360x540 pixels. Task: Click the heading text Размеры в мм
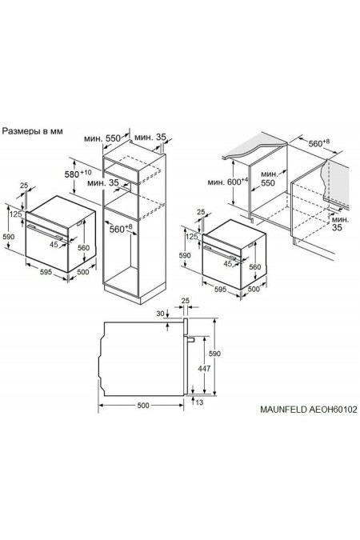[33, 131]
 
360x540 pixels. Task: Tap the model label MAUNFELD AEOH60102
[308, 410]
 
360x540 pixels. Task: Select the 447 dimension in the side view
[204, 369]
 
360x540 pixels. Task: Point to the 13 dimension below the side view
[199, 402]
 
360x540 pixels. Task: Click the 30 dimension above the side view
[160, 314]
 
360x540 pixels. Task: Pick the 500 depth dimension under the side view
[143, 406]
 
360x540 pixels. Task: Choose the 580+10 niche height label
[78, 174]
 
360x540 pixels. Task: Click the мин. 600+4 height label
[228, 181]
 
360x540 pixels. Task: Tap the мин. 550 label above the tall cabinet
[102, 138]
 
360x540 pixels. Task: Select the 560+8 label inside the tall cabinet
[121, 228]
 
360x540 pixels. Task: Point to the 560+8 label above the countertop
[318, 142]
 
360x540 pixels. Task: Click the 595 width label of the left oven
[46, 272]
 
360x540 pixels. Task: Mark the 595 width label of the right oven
[221, 289]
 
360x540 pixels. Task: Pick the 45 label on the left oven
[54, 244]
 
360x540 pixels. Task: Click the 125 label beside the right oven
[191, 236]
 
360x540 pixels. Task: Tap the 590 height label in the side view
[214, 354]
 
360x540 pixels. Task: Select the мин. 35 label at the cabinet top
[150, 137]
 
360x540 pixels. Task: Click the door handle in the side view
[190, 340]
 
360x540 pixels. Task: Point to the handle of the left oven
[45, 232]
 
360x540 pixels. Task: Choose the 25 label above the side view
[186, 301]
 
